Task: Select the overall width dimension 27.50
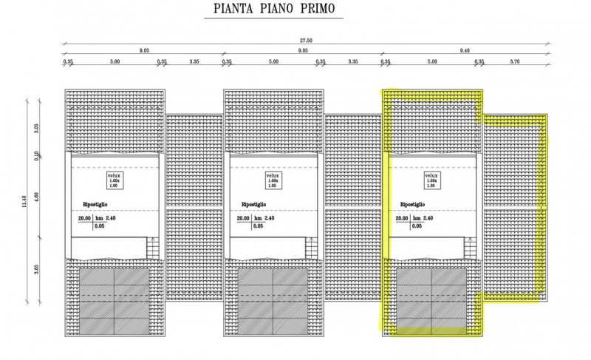coord(304,41)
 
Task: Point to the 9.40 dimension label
coord(464,50)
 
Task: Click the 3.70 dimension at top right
coord(515,62)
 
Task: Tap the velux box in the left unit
coord(113,180)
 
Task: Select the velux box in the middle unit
coord(273,180)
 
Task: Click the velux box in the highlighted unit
coord(432,180)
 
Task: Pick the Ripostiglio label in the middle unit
coord(254,204)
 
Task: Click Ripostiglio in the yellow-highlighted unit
coord(413,204)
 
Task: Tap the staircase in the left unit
coord(151,248)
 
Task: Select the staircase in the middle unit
coord(311,248)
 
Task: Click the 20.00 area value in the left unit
coord(84,219)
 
